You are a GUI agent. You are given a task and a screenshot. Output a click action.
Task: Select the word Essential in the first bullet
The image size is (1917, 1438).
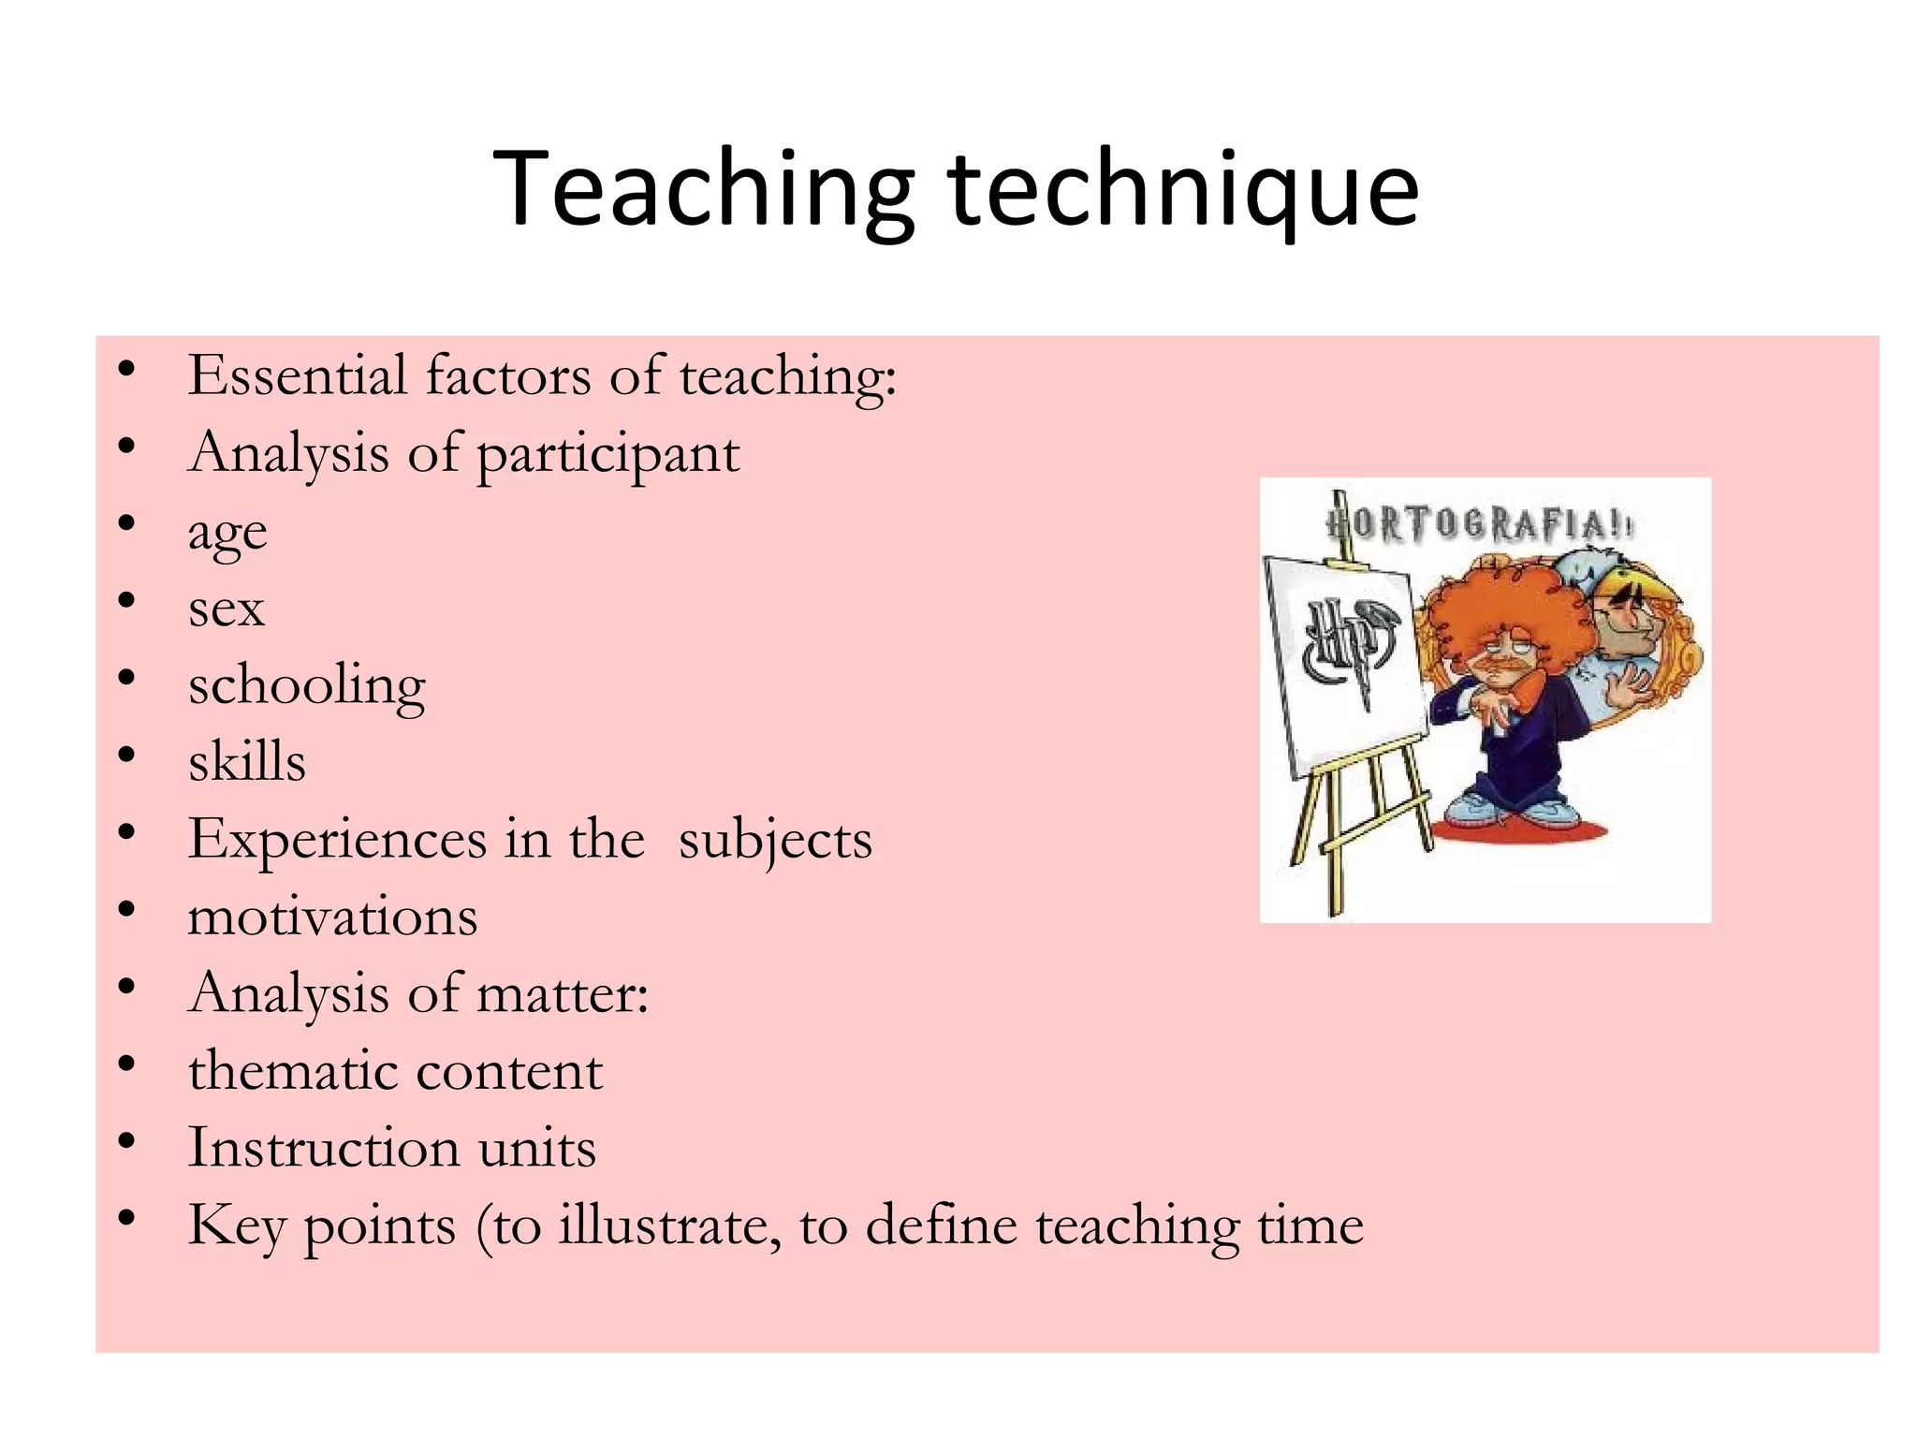(298, 376)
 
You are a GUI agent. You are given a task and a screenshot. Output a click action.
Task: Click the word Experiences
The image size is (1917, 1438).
(336, 840)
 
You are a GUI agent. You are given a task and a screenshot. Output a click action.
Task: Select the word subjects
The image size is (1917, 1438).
(775, 840)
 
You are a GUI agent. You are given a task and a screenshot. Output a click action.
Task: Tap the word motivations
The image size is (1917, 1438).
(332, 917)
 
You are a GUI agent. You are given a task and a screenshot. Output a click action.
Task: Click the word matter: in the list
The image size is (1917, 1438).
(563, 994)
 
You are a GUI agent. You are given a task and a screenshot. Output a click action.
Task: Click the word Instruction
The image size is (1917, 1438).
(323, 1149)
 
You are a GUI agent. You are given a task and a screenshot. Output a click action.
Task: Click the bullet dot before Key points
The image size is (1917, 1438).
(127, 1219)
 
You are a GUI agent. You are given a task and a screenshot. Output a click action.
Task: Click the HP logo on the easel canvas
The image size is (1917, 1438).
(1346, 646)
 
